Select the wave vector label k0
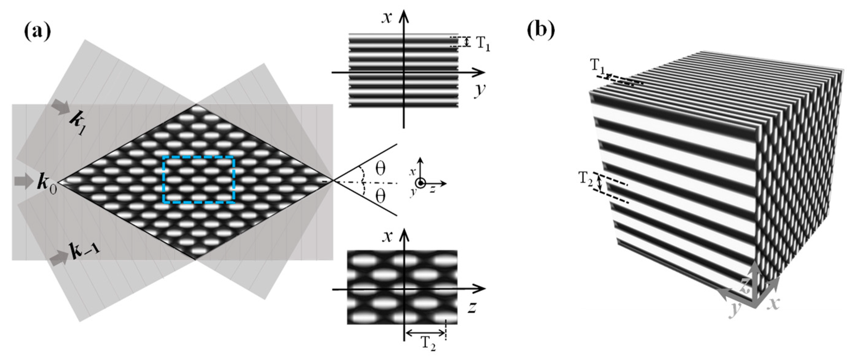[46, 183]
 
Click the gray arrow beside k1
[60, 108]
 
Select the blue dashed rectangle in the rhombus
[199, 179]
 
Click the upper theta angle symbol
[380, 169]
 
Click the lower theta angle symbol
[380, 197]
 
